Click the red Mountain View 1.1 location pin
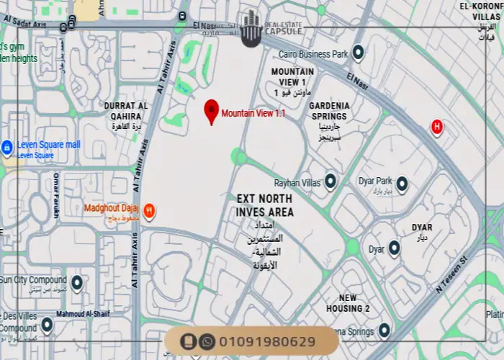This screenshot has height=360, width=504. [211, 111]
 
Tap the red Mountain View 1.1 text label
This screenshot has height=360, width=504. [248, 113]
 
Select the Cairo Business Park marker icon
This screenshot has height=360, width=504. [357, 53]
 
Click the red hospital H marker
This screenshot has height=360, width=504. [436, 127]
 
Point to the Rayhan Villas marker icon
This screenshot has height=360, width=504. [330, 181]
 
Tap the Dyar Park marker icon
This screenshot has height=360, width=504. [402, 184]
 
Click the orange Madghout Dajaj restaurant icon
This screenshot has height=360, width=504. [149, 210]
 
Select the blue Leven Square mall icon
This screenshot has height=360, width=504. [7, 148]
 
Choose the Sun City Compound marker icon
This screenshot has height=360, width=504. [76, 282]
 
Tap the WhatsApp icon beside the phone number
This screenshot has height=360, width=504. [207, 341]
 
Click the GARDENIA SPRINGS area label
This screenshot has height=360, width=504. [329, 110]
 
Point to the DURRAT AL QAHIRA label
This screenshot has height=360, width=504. [126, 110]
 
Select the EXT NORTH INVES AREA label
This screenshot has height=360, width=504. [265, 205]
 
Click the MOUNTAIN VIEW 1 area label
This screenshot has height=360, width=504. [292, 77]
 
